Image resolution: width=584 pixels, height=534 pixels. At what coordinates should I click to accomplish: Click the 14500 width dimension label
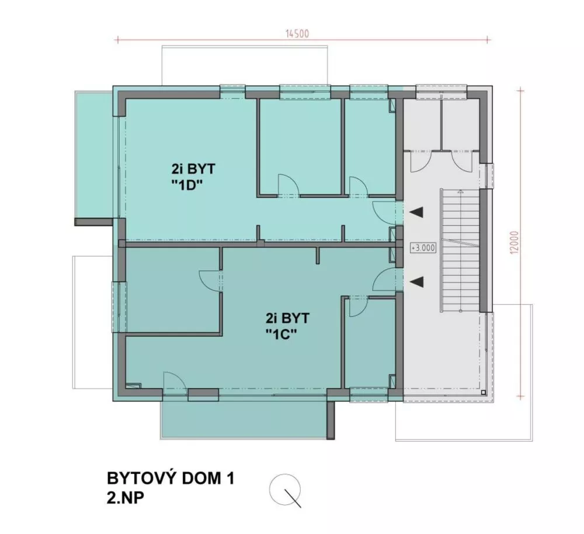(297, 33)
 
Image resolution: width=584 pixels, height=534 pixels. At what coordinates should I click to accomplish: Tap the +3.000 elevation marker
(423, 247)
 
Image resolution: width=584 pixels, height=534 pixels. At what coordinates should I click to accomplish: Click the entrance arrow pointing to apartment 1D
(416, 214)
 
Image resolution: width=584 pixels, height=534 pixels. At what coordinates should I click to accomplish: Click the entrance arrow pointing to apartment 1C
(416, 282)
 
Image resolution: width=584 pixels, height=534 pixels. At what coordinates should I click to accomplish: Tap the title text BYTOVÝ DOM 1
(171, 479)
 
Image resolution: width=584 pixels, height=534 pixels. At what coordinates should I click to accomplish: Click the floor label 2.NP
(127, 500)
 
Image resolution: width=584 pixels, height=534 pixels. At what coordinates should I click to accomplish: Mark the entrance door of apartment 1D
(385, 211)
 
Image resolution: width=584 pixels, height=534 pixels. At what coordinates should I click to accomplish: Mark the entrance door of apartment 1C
(384, 280)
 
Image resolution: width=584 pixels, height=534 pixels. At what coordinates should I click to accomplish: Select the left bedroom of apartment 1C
(172, 290)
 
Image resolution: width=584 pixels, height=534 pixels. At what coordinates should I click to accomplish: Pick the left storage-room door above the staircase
(420, 161)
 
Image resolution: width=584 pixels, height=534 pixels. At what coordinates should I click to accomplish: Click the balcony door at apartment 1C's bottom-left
(174, 383)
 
